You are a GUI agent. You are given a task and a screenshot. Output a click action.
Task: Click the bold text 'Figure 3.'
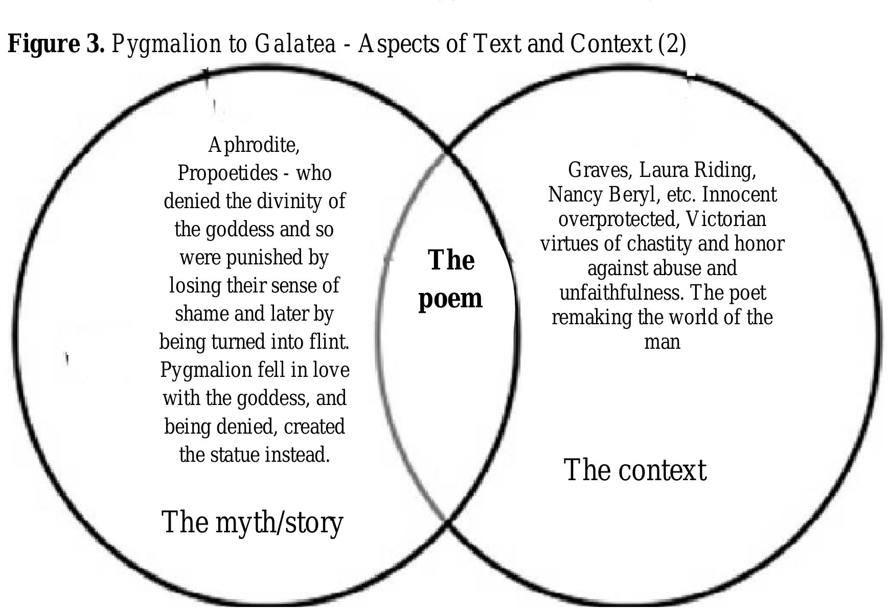coord(56,44)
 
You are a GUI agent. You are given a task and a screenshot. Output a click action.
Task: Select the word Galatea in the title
coord(295,44)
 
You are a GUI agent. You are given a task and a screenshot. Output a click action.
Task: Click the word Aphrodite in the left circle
coord(254,145)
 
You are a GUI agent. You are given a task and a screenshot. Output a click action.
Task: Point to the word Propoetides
coord(227,173)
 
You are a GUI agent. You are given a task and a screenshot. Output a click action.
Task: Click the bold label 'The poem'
coord(450,279)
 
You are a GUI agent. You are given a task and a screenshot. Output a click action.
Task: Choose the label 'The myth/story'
coord(252,523)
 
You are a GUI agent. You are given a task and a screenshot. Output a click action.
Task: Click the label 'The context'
coord(635,470)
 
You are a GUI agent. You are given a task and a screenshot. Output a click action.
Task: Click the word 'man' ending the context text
coord(662,342)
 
